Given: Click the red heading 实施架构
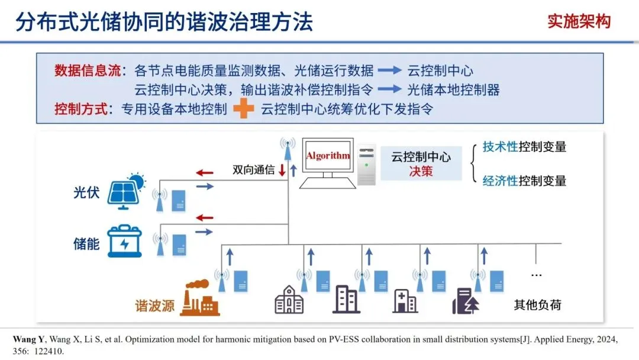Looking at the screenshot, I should pos(579,22).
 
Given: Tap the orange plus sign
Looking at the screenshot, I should pos(243,109).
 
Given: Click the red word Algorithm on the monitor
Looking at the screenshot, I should pos(327,156).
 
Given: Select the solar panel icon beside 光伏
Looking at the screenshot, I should pos(127,189).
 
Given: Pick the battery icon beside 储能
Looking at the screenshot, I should pos(124,241).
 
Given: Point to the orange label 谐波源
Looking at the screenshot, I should pos(155,306).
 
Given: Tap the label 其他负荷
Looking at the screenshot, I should pos(537,306).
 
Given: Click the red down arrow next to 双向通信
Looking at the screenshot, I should pos(282,170).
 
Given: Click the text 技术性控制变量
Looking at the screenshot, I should pos(524,147).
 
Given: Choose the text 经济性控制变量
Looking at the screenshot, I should pos(524,181).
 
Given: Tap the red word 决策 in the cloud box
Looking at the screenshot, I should pos(421,171).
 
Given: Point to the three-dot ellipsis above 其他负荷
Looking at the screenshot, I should pos(536,275).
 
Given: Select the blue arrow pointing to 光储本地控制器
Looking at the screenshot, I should pos(390,89).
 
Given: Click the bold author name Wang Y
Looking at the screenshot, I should pos(28,340).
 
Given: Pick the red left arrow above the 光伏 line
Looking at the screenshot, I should pos(204,173).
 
